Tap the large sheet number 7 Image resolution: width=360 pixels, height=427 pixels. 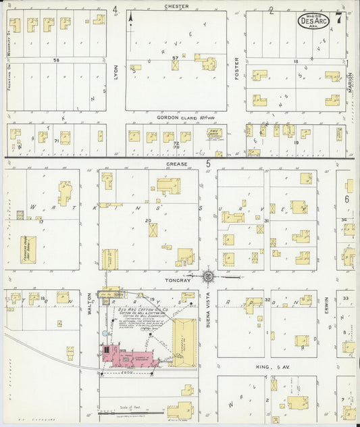point(339,18)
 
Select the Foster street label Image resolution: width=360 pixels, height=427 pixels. point(236,68)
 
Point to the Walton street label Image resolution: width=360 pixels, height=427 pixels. point(89,301)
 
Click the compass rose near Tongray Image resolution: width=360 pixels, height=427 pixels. point(209,276)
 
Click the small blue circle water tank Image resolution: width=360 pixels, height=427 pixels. point(104,333)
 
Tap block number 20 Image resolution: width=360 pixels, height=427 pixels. point(147,220)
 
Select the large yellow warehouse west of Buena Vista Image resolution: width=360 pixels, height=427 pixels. point(184,338)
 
